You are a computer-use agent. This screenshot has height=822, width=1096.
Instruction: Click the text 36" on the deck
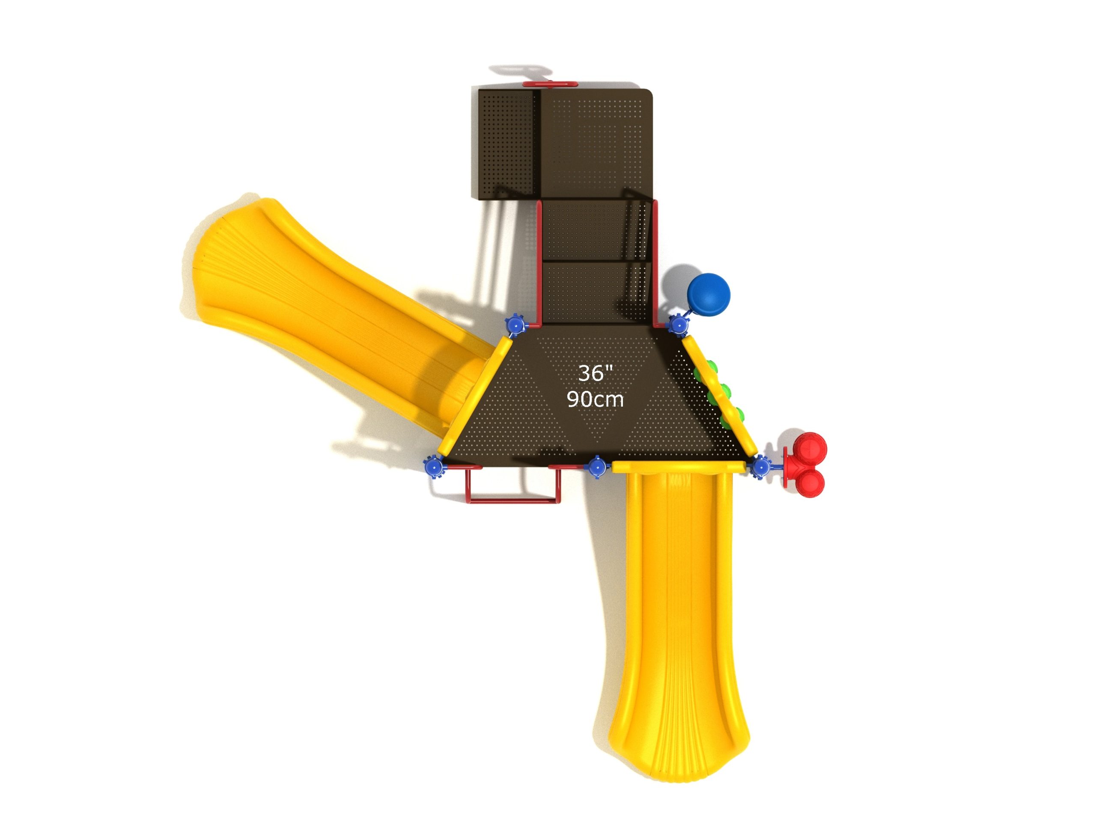pyautogui.click(x=596, y=373)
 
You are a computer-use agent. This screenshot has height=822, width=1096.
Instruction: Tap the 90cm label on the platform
pyautogui.click(x=595, y=399)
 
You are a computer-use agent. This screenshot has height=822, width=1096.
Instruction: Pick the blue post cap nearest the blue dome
pyautogui.click(x=678, y=325)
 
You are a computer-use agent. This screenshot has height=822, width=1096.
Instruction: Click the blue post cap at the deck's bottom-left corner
pyautogui.click(x=434, y=466)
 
